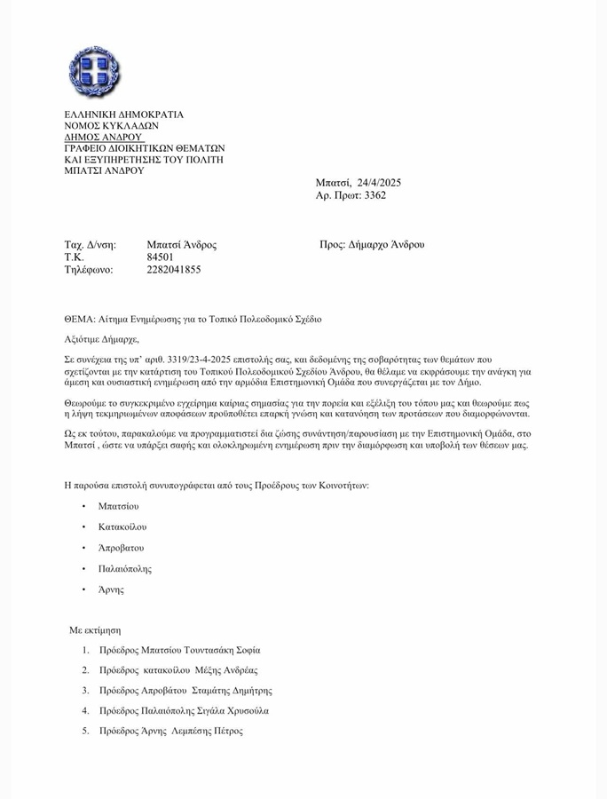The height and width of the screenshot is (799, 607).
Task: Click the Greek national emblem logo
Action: (94, 72)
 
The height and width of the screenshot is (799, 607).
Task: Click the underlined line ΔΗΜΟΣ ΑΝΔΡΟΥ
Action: (103, 138)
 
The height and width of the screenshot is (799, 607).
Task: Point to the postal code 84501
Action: (160, 257)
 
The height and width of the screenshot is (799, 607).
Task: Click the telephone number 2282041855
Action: (173, 270)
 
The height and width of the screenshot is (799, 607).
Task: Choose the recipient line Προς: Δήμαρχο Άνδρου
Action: (372, 244)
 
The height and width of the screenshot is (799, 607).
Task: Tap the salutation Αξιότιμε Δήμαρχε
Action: (102, 339)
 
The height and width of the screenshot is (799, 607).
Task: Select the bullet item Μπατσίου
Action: (118, 506)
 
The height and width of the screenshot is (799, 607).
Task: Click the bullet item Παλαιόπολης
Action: (125, 568)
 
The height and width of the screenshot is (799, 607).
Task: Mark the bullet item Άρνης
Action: (111, 589)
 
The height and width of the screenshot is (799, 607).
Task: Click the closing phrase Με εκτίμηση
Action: (95, 629)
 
